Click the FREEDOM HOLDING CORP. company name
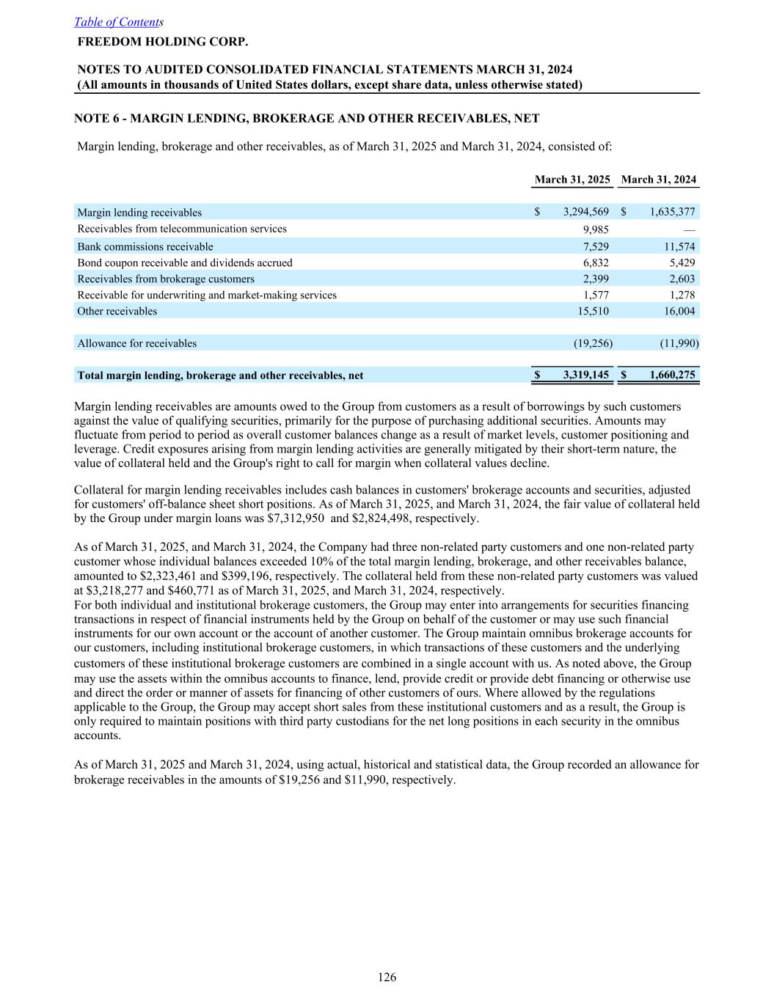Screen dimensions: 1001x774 (163, 41)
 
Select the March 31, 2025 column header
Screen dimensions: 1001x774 (572, 180)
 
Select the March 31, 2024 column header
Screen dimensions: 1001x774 (658, 180)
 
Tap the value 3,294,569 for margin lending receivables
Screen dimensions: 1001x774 (585, 213)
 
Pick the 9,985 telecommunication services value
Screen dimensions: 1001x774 (595, 229)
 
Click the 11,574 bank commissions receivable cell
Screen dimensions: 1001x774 (679, 246)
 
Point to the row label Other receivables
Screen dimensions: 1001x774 (117, 311)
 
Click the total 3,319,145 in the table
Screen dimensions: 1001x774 (585, 375)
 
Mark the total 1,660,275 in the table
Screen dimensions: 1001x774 (672, 375)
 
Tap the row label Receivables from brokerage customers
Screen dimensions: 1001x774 (166, 279)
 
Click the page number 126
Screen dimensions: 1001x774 (387, 977)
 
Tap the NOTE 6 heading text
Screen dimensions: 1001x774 (307, 118)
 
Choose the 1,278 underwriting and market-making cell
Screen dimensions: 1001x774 (682, 295)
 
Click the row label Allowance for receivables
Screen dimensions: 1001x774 (137, 343)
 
